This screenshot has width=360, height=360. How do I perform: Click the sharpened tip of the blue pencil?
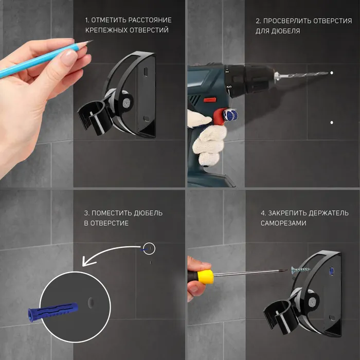92,41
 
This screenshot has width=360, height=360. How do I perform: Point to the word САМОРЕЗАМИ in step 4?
283,223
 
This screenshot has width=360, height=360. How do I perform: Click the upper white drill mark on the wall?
332,73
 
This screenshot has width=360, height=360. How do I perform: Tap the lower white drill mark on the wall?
332,122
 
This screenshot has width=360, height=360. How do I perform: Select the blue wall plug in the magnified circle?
53,311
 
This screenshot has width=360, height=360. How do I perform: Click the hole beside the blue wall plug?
91,302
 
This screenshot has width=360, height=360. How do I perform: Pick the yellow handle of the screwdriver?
205,277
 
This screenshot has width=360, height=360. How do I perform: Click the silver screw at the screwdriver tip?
300,270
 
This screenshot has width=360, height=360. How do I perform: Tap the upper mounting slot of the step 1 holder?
146,71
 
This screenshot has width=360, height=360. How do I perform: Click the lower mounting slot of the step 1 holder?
146,119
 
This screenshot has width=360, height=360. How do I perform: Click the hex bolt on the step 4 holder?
312,302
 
